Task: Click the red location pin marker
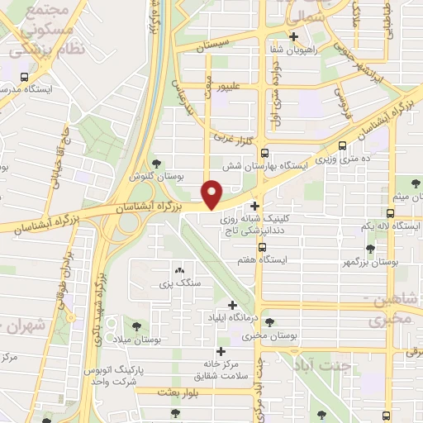point(212,195)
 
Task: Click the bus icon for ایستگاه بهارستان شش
point(264,153)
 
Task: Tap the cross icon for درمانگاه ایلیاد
point(241,305)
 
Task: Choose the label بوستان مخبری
point(265,337)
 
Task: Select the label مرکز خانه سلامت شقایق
point(221,368)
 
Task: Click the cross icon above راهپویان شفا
point(318,36)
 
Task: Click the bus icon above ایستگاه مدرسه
point(24,77)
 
